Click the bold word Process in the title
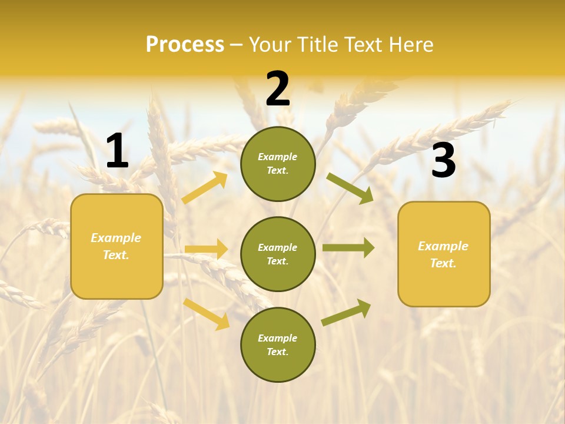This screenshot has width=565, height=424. coord(185,45)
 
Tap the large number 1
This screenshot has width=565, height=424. coord(117,152)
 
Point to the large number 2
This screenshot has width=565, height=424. coord(278,89)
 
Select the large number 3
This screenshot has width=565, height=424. coord(443,161)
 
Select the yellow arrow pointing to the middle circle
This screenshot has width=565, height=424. coord(206,249)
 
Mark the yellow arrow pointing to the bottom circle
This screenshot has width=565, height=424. coord(207,313)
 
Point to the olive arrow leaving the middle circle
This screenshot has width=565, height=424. coord(348,248)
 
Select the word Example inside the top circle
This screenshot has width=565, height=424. coord(278,157)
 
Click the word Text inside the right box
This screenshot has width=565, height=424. coord(443,263)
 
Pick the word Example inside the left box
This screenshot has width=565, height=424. coord(116,238)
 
